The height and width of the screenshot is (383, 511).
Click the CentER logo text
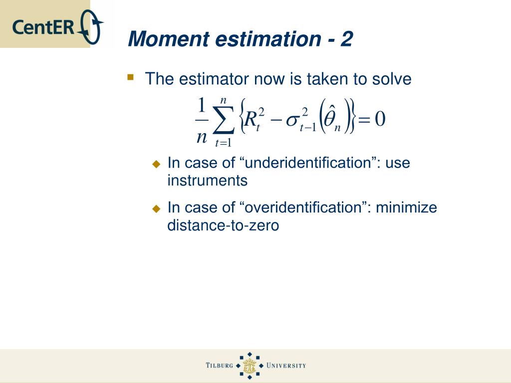(x=44, y=27)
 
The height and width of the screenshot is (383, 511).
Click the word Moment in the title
(x=168, y=39)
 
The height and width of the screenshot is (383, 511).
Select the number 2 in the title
(x=347, y=39)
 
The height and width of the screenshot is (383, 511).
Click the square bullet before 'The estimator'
(x=131, y=77)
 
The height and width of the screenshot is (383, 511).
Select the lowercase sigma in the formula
(x=292, y=121)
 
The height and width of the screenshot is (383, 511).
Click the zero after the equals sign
(x=380, y=119)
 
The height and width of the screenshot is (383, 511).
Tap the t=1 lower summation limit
(x=223, y=143)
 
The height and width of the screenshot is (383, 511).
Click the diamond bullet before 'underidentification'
(x=157, y=164)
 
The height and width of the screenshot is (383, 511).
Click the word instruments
(x=207, y=181)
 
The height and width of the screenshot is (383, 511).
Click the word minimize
(x=406, y=207)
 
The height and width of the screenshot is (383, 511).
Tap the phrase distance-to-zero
(x=223, y=225)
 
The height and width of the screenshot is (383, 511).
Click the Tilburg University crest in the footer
(x=250, y=366)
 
